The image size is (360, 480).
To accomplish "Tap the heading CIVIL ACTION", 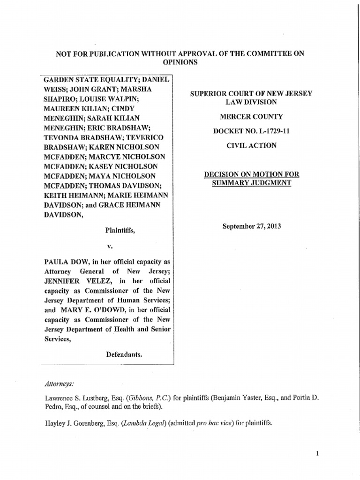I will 251,145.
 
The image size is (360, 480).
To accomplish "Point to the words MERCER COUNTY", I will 252,116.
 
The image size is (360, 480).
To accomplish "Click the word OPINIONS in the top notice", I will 180,62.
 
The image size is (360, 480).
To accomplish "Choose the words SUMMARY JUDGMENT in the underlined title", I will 252,183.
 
